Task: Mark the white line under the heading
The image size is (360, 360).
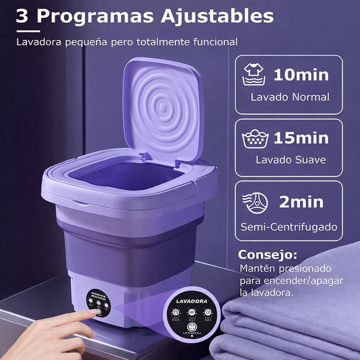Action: pyautogui.click(x=34, y=31)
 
